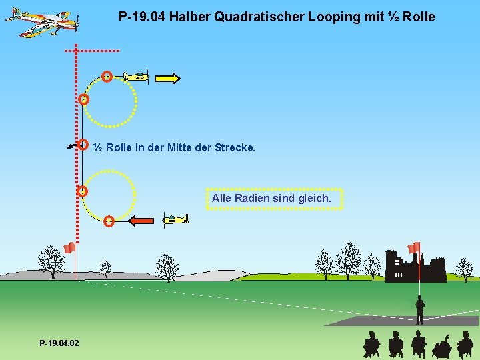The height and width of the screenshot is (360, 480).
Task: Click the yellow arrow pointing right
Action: click(x=167, y=79)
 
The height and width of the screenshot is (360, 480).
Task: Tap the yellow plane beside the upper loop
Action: click(x=137, y=76)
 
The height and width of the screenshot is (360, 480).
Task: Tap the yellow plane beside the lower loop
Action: click(x=175, y=219)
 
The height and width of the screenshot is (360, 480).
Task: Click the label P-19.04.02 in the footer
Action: click(x=59, y=343)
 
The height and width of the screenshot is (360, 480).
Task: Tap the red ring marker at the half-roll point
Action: click(x=83, y=144)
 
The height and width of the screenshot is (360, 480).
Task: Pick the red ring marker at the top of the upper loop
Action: click(x=107, y=76)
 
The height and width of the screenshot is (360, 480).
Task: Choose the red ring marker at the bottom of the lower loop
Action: click(x=109, y=221)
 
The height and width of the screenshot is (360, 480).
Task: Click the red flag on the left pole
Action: click(x=68, y=248)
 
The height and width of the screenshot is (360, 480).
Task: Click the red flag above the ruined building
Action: click(x=414, y=247)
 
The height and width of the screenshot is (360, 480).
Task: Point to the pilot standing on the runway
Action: click(x=419, y=310)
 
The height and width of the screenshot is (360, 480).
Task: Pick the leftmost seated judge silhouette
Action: click(x=371, y=345)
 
